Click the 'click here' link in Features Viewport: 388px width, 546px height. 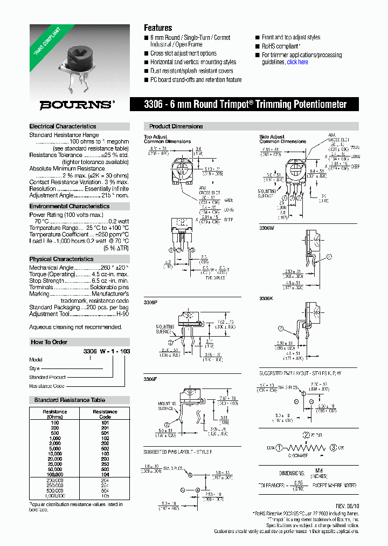click(297, 62)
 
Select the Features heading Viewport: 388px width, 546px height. click(158, 28)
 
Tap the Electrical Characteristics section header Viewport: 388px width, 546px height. click(63, 126)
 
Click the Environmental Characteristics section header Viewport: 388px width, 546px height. click(69, 206)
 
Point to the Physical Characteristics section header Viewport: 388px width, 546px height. click(61, 259)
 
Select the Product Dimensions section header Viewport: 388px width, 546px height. click(176, 126)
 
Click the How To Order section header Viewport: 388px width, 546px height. click(49, 342)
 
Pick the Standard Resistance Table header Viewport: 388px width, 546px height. click(70, 400)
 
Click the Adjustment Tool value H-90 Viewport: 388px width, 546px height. click(123, 313)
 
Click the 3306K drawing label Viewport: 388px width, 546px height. click(267, 298)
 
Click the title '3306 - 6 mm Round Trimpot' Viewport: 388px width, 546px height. click(246, 105)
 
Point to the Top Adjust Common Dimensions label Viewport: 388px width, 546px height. click(167, 139)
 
